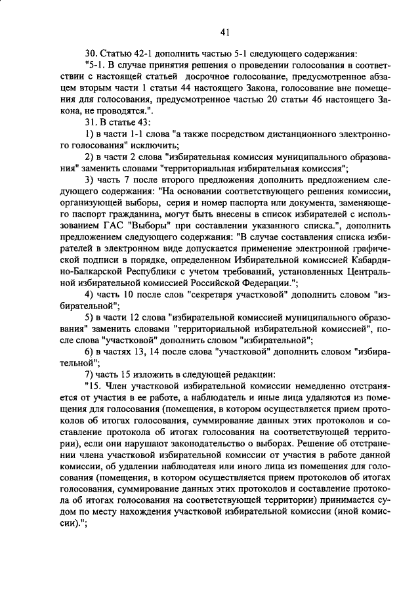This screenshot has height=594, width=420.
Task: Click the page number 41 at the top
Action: pyautogui.click(x=224, y=32)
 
